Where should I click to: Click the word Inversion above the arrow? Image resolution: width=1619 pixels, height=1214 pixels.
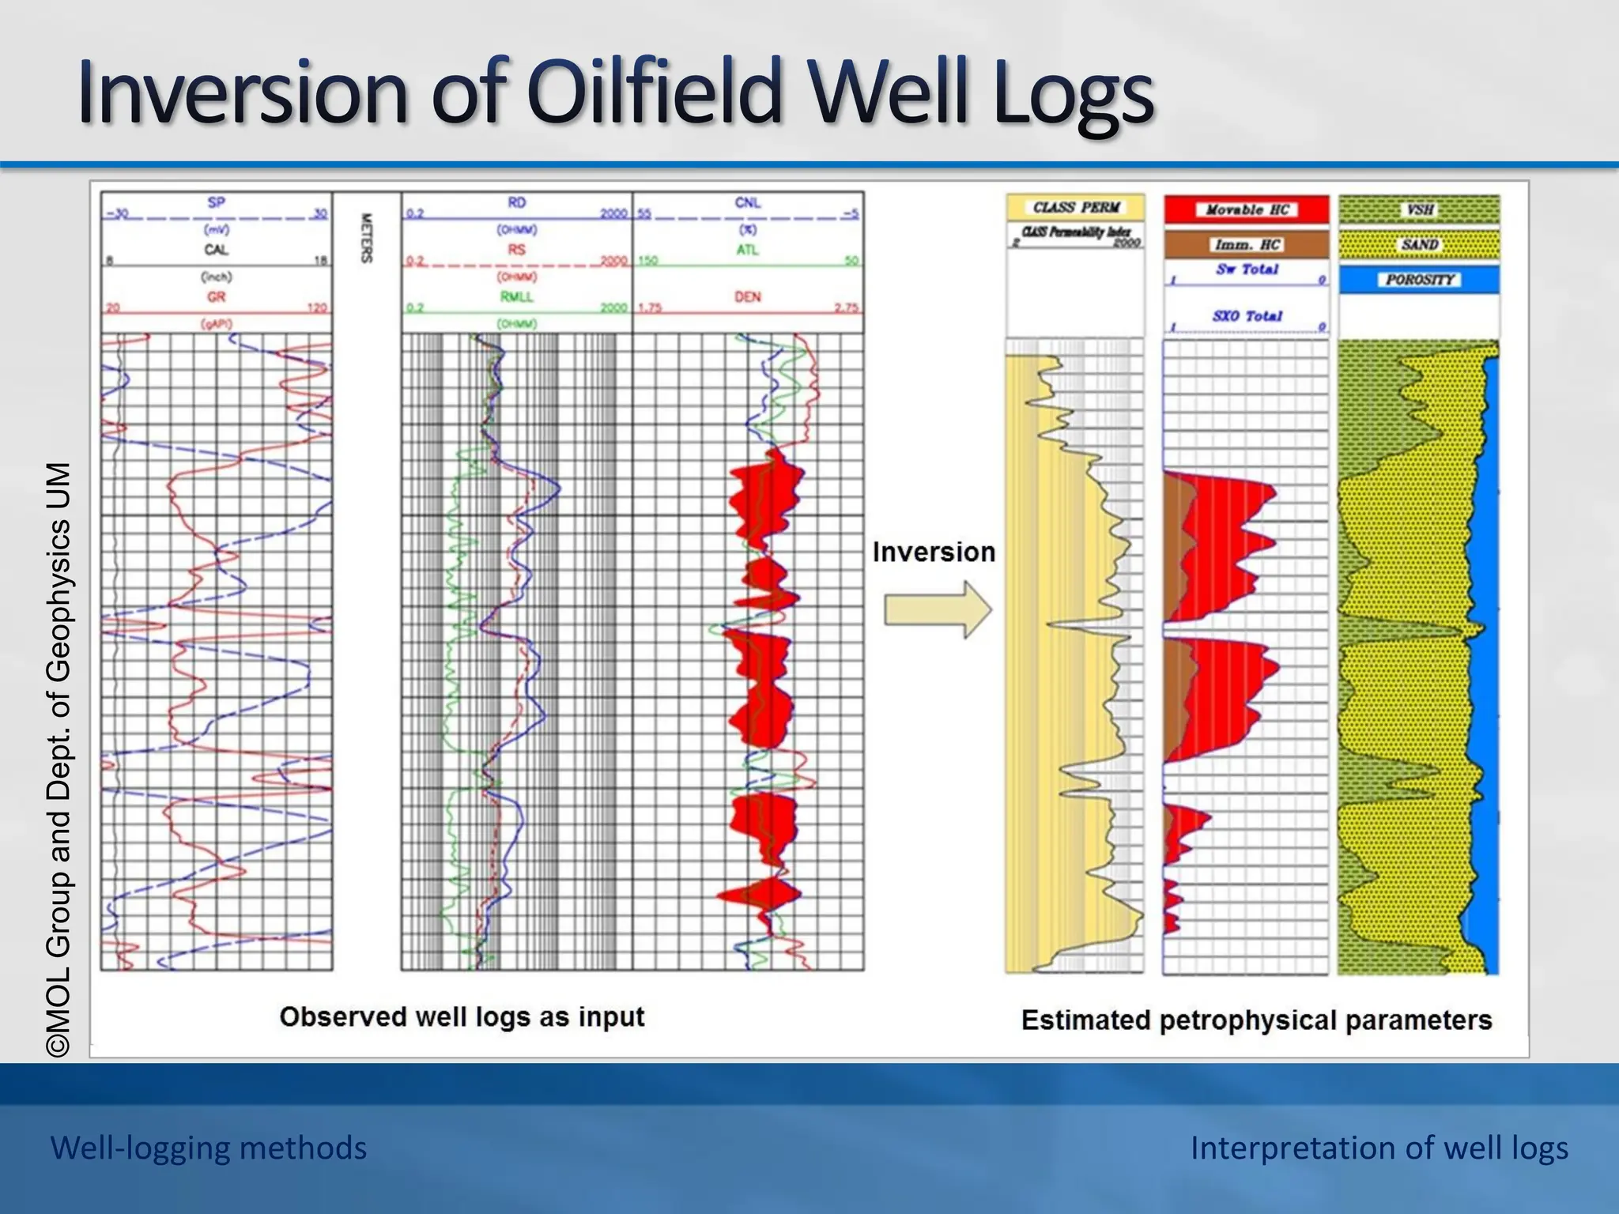pos(934,552)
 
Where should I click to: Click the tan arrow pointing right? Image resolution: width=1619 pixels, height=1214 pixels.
pos(938,609)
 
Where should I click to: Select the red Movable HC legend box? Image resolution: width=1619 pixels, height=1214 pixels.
pos(1247,209)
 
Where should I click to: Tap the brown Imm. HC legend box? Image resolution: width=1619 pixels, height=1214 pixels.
pos(1247,244)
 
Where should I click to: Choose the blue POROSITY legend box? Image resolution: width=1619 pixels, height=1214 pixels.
pos(1419,280)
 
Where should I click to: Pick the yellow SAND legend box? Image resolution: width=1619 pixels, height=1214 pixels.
pos(1419,244)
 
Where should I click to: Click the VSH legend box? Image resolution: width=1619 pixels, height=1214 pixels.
pos(1419,209)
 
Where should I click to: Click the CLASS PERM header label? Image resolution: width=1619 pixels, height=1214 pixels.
pos(1076,207)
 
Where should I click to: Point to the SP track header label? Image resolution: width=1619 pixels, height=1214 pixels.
pos(216,202)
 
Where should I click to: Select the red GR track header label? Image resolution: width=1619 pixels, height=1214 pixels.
pos(216,297)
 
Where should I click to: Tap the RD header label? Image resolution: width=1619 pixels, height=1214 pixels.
pos(516,202)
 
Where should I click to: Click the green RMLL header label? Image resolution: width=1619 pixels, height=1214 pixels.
pos(516,297)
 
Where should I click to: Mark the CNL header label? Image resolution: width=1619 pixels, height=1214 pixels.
pos(747,202)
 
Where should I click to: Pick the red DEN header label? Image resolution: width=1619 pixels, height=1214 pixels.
pos(747,297)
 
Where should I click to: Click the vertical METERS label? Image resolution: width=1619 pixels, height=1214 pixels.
pos(366,238)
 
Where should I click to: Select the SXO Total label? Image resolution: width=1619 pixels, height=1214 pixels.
pos(1247,316)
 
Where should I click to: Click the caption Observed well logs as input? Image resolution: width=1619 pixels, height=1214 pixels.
pos(462,1016)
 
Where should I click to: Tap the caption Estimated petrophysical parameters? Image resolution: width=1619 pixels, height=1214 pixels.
pos(1256,1020)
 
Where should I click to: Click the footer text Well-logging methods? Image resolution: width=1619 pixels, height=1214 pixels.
pos(209,1148)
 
